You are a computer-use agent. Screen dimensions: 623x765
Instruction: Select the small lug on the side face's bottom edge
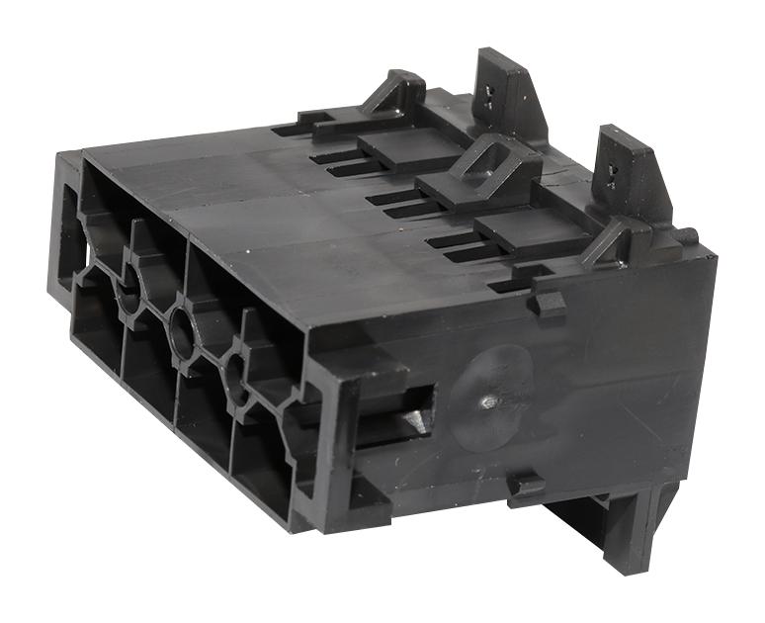pyautogui.click(x=527, y=486)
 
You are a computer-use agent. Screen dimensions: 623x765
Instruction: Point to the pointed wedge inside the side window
pyautogui.click(x=415, y=419)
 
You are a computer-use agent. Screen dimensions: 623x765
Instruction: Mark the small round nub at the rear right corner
pyautogui.click(x=688, y=236)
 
